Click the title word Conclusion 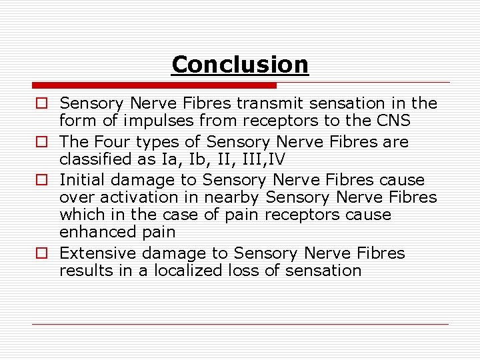coord(240,65)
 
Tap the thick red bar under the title coord(154,85)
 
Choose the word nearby coord(229,198)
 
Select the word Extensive coord(93,253)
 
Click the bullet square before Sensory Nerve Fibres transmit coord(41,103)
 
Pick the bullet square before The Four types coord(41,142)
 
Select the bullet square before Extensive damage coord(41,253)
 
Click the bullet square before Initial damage coord(41,180)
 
